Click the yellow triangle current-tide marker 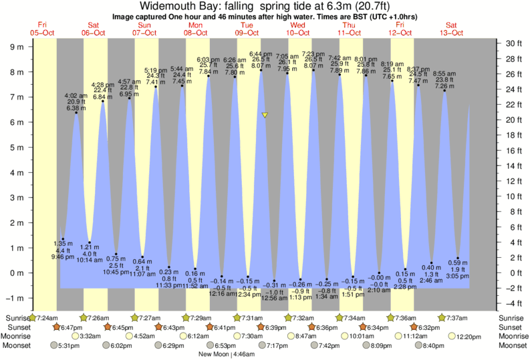tap(265, 116)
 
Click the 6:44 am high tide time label tap(261, 53)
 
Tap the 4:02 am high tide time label tap(76, 96)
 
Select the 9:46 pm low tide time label tap(63, 256)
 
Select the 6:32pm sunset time tap(428, 327)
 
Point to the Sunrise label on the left tap(15, 317)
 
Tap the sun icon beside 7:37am tap(441, 317)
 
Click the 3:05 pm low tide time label tap(457, 276)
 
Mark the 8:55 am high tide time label tap(444, 73)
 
